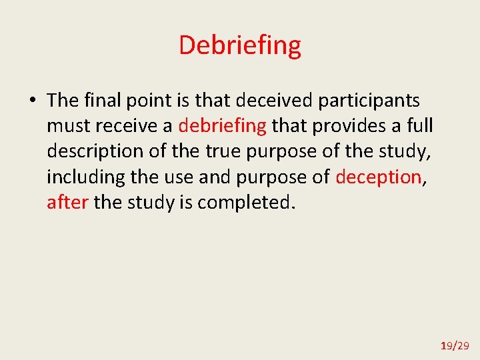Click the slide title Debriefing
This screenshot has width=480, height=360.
pyautogui.click(x=240, y=45)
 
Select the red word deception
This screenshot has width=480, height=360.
pyautogui.click(x=378, y=177)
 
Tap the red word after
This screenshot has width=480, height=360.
pyautogui.click(x=67, y=202)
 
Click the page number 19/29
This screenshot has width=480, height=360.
pyautogui.click(x=455, y=345)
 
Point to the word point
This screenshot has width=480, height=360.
pyautogui.click(x=148, y=101)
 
